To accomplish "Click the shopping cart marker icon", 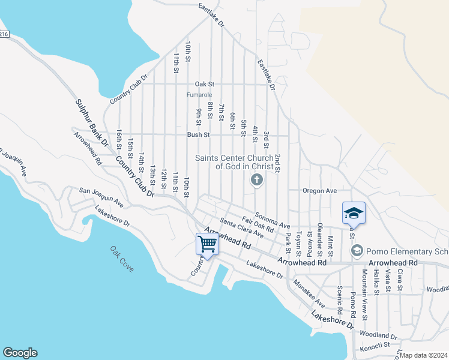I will (207, 244).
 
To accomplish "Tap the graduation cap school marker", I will (354, 213).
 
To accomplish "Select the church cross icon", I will (256, 179).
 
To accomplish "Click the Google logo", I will (20, 353).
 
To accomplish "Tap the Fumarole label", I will (199, 95).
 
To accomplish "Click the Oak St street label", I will (204, 85).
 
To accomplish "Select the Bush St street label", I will (198, 135).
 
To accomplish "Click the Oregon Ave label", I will (319, 191).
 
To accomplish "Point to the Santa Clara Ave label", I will (241, 228).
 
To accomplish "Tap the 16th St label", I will (120, 140).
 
